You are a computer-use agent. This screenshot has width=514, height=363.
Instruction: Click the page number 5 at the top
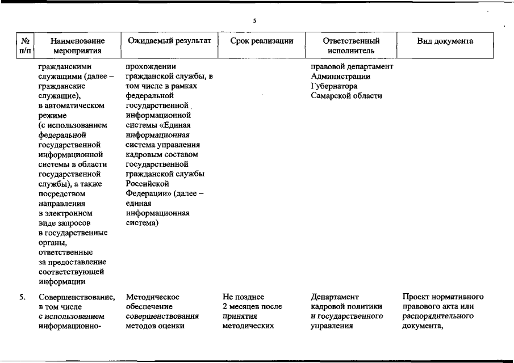click(x=255, y=21)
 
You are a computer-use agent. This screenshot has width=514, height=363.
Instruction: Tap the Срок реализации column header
click(x=262, y=41)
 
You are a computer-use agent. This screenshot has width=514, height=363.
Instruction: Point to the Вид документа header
click(x=445, y=41)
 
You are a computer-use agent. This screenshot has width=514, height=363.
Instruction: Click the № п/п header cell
click(x=24, y=45)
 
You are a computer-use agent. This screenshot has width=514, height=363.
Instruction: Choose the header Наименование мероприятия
click(x=77, y=45)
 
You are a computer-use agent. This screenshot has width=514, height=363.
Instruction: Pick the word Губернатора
click(x=334, y=86)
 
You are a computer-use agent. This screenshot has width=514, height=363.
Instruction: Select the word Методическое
click(x=153, y=297)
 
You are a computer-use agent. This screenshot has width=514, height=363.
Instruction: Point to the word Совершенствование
click(x=77, y=297)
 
